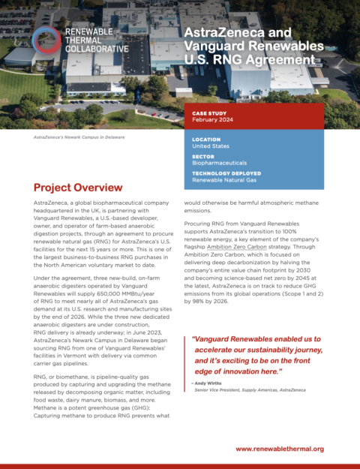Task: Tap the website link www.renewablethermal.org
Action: pyautogui.click(x=279, y=448)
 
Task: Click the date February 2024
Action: pyautogui.click(x=214, y=121)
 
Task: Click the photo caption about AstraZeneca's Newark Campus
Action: pyautogui.click(x=79, y=138)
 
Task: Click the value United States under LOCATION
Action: pyautogui.click(x=213, y=146)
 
